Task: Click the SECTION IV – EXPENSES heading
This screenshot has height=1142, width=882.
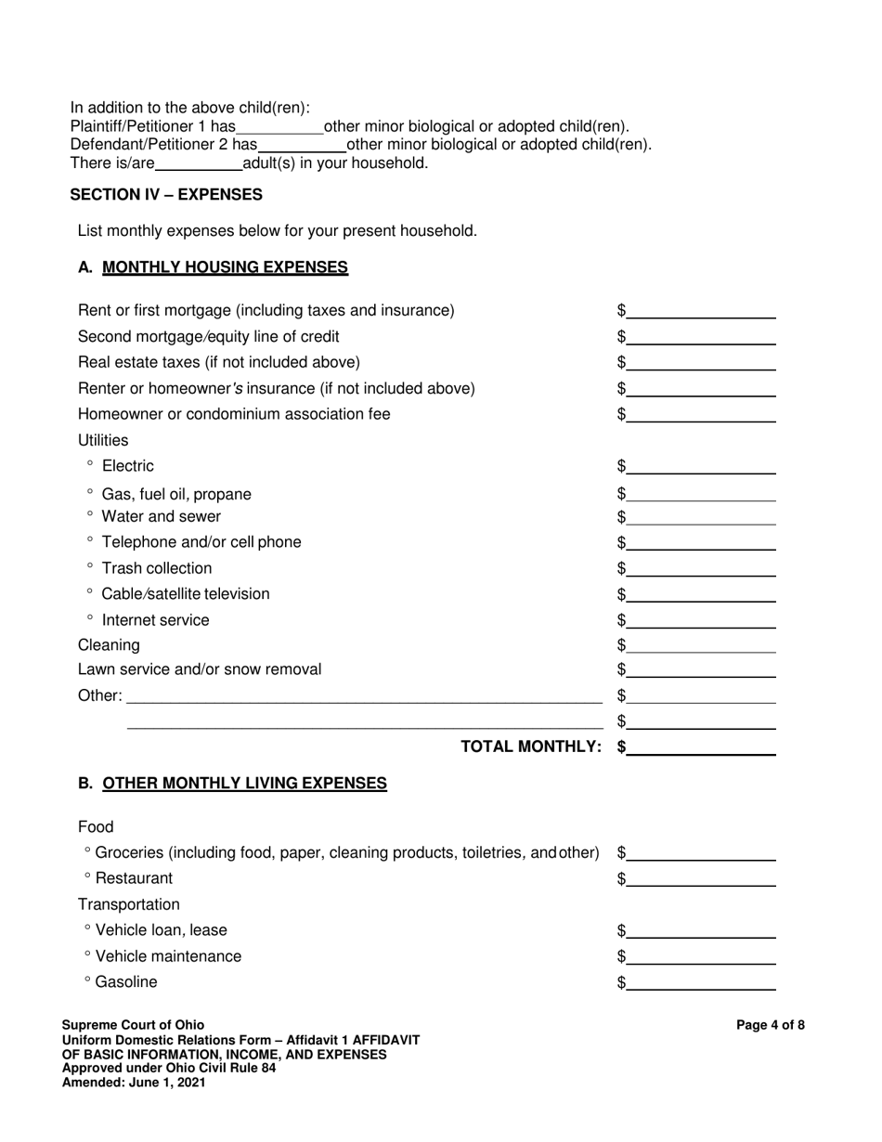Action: point(166,195)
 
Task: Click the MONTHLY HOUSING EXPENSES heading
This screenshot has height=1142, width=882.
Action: point(225,267)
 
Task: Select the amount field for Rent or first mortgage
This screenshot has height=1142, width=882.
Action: point(701,311)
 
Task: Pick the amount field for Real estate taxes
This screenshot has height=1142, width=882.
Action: point(701,363)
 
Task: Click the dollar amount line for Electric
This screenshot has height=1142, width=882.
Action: point(701,467)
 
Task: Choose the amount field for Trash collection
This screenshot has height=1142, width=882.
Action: point(701,569)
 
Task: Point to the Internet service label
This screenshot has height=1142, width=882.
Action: point(155,620)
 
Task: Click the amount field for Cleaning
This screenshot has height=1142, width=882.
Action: point(701,645)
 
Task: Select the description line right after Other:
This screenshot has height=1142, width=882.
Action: point(364,696)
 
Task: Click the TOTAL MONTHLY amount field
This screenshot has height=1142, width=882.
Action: point(701,747)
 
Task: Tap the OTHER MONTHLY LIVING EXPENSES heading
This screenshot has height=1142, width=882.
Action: point(244,784)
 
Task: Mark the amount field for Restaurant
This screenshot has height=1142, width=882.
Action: point(701,879)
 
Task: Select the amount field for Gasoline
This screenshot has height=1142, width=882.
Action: point(701,983)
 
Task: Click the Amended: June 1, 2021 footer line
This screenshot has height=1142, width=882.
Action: point(134,1082)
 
